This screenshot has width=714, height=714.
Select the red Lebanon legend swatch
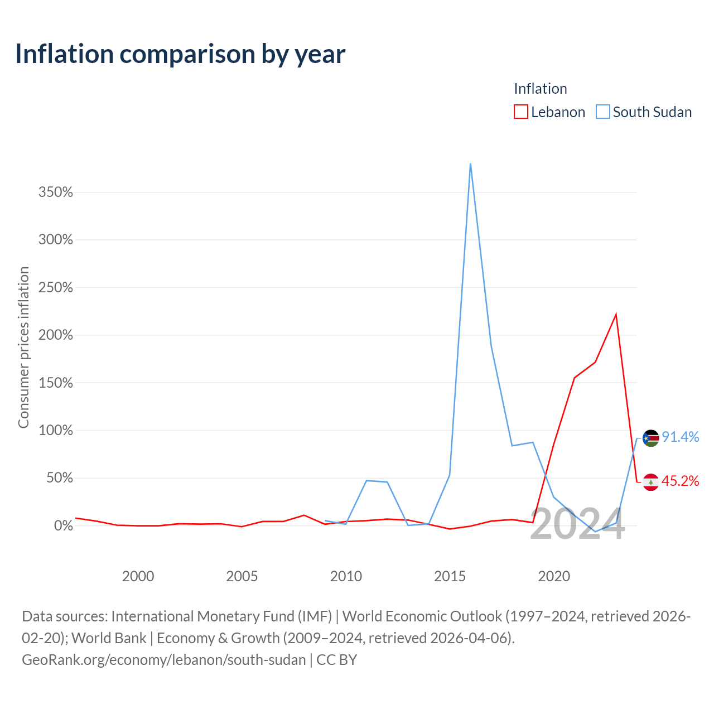520,112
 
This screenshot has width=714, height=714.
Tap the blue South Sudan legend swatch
602,112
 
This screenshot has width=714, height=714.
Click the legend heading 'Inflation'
540,89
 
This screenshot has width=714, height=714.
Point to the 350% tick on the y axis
56,192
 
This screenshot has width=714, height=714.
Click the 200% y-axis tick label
56,335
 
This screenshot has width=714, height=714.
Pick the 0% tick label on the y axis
64,525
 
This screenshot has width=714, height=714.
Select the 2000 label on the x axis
138,577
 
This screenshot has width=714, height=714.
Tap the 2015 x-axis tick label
450,577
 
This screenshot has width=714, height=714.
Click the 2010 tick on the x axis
346,577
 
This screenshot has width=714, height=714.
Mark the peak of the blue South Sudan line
470,163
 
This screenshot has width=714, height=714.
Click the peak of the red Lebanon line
616,314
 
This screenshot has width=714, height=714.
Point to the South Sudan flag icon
650,438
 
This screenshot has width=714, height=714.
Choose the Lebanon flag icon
650,482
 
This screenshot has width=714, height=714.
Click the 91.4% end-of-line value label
681,437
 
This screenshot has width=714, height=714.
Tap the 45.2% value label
681,481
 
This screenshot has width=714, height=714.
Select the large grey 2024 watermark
577,524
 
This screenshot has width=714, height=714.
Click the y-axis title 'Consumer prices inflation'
23,348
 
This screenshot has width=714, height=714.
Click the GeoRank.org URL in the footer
164,660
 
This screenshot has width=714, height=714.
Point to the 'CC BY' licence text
336,660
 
